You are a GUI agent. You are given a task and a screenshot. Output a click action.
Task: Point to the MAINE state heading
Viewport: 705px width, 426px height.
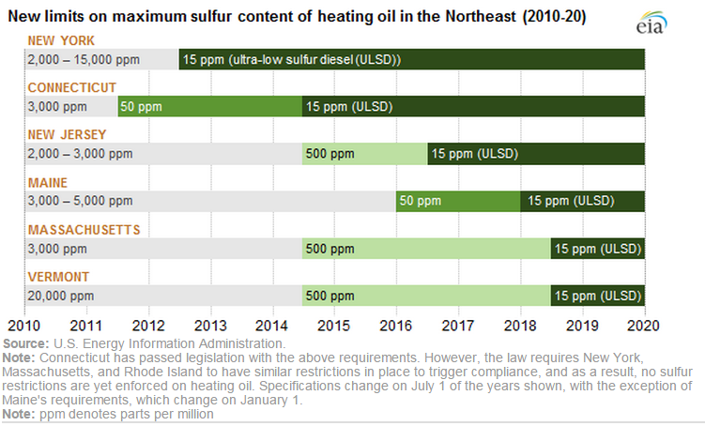click(48, 182)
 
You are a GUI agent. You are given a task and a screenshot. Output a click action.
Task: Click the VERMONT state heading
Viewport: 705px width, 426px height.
click(59, 277)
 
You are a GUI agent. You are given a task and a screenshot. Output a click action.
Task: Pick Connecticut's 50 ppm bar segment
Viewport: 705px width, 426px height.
click(209, 106)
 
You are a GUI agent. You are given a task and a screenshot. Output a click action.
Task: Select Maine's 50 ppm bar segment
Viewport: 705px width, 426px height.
click(457, 201)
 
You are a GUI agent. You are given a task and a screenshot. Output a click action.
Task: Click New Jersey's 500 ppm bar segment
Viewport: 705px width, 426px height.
click(364, 153)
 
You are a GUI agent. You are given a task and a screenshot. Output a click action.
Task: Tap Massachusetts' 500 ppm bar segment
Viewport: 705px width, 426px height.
click(426, 249)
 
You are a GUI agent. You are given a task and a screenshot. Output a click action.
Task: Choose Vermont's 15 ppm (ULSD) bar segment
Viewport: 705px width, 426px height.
click(598, 296)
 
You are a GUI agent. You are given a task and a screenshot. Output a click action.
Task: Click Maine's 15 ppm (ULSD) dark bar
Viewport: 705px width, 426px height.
click(582, 201)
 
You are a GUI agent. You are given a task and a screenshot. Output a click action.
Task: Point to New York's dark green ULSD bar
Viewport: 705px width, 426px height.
click(411, 59)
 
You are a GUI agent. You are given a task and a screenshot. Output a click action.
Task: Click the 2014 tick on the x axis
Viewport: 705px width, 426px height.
click(271, 326)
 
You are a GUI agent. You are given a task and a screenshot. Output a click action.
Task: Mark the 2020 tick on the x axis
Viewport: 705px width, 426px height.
click(644, 326)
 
